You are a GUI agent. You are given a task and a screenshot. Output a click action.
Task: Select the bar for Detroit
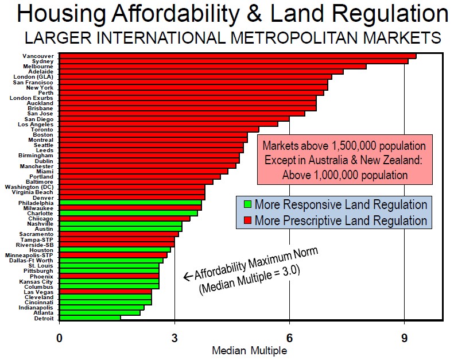(x=90, y=318)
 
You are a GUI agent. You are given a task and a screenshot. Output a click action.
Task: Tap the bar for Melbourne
(x=212, y=66)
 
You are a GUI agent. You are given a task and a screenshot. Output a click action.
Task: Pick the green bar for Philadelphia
(x=130, y=202)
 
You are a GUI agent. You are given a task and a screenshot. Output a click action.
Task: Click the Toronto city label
(x=41, y=129)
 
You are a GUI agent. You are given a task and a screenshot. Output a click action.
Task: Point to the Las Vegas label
(x=41, y=292)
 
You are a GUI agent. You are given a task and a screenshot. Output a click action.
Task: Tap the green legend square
(x=247, y=205)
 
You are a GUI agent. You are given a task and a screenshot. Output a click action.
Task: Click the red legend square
(x=247, y=220)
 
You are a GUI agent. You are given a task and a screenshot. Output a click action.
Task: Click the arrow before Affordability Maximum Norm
(x=187, y=277)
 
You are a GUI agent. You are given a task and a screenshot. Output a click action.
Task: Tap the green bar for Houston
(x=115, y=250)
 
